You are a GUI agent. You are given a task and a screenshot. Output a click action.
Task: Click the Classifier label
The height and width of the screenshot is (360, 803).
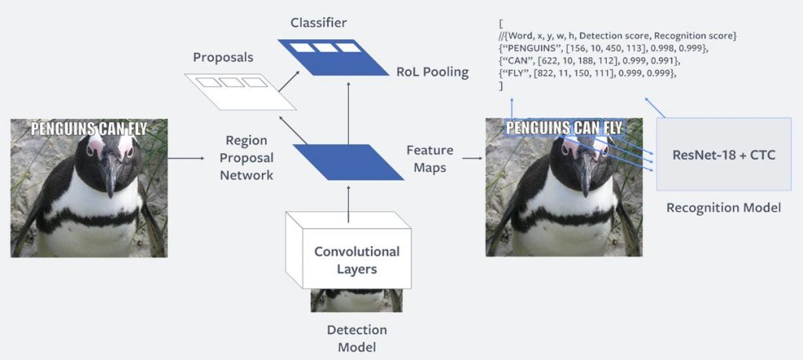point(318,23)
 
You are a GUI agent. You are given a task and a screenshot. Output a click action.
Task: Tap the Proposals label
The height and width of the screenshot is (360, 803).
point(223,57)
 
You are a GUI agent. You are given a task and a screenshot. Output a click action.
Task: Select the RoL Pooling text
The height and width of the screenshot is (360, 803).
point(432,72)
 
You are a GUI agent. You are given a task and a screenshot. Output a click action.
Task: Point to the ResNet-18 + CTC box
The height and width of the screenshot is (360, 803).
point(724,155)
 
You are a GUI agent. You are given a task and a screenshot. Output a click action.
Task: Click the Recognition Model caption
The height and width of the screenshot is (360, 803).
point(723,207)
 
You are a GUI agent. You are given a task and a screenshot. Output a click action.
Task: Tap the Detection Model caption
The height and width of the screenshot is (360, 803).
point(357,339)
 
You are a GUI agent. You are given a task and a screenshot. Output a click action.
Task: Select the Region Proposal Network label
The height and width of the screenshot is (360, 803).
point(246,158)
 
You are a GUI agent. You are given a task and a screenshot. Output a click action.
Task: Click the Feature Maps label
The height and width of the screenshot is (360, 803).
point(430,158)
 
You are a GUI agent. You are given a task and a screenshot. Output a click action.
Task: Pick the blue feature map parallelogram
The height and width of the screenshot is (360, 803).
point(348,162)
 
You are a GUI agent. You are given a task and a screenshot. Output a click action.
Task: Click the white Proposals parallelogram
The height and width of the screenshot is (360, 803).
point(240,92)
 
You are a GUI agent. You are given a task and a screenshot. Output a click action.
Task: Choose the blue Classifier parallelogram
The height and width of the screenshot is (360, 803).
point(332,57)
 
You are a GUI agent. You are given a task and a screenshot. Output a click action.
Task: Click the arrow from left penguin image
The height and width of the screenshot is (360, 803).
point(186,158)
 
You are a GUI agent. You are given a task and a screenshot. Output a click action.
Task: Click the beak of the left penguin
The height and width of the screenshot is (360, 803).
point(108,175)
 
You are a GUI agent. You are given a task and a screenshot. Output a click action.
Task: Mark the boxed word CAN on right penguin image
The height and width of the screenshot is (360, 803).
point(586,128)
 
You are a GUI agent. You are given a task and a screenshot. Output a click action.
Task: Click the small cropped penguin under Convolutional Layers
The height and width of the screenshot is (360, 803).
point(357,300)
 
